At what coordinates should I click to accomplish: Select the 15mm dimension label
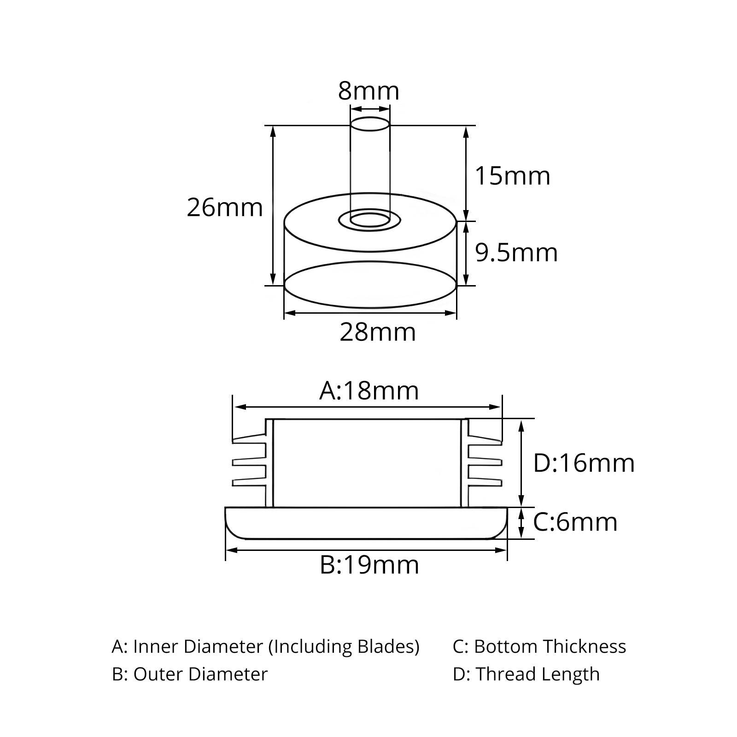[x=512, y=176]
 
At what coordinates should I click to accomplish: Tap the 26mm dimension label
[x=225, y=207]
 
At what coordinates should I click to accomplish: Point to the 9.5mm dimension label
[x=516, y=253]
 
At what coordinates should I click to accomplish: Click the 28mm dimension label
[x=378, y=332]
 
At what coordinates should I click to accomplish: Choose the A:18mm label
[x=369, y=391]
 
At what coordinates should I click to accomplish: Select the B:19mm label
[x=369, y=565]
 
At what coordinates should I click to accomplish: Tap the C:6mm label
[x=575, y=522]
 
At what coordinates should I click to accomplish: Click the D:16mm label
[x=584, y=463]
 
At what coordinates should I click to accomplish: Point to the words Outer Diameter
[x=200, y=674]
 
